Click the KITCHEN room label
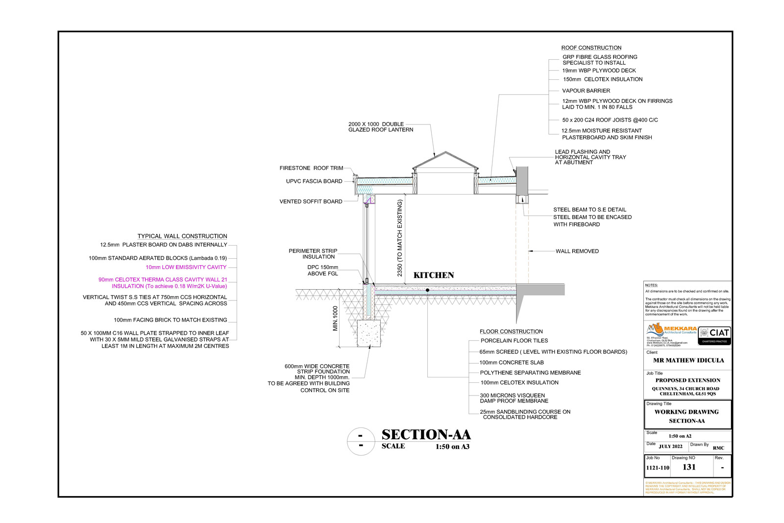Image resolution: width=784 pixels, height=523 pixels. click(434, 275)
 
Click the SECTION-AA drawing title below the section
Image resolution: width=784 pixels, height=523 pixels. click(426, 435)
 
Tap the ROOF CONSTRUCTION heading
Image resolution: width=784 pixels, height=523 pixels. click(591, 48)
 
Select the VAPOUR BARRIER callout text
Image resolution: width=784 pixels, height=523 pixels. click(586, 91)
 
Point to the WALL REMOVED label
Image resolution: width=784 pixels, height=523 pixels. click(577, 251)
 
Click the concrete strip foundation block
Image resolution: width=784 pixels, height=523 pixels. click(368, 334)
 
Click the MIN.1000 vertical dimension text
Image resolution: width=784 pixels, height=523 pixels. click(336, 319)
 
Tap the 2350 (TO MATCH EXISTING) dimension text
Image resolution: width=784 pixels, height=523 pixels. click(400, 238)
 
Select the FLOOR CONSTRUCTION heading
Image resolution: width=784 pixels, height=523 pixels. click(511, 332)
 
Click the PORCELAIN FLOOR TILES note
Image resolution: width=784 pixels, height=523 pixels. click(514, 341)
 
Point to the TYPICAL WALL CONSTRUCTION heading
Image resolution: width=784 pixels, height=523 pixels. click(182, 236)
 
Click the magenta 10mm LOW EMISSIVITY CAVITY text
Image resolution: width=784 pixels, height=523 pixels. click(186, 268)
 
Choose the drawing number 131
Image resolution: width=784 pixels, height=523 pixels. click(689, 467)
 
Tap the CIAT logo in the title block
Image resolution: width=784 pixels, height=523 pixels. click(714, 333)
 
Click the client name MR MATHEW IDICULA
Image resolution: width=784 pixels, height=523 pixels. click(688, 360)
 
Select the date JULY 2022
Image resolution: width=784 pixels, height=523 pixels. click(670, 447)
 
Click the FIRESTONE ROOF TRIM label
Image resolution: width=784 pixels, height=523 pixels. click(311, 168)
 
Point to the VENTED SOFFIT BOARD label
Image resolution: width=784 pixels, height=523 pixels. click(311, 201)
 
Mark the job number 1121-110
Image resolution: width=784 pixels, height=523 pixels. click(657, 468)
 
